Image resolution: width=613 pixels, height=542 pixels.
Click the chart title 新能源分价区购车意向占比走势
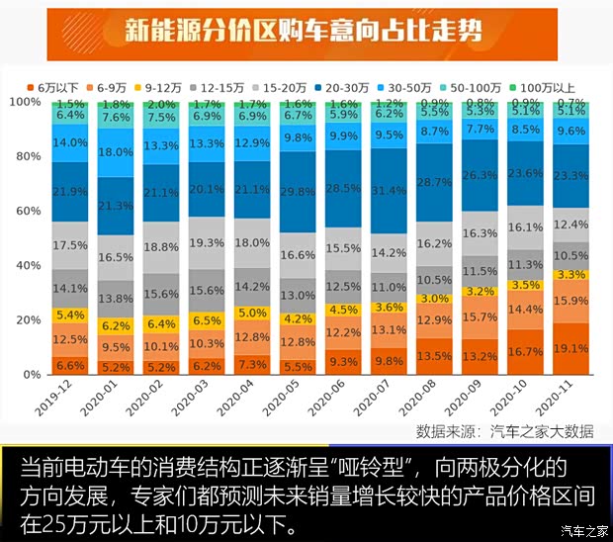coord(306,32)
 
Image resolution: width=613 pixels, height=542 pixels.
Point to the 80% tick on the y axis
coord(26,156)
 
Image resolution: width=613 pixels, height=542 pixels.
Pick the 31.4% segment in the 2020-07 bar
coord(389,191)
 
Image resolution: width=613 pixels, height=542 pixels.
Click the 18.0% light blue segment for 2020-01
coord(116,152)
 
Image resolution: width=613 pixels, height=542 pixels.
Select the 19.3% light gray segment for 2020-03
coord(205,242)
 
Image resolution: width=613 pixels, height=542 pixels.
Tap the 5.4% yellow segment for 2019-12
coord(69,315)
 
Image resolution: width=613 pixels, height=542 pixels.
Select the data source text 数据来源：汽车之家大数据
coord(504,430)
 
